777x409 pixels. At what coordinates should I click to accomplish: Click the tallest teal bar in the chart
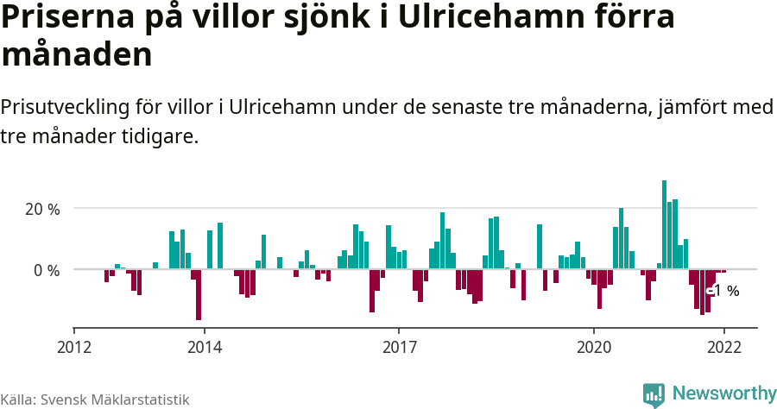click(x=664, y=224)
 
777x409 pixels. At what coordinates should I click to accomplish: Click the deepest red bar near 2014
click(x=199, y=295)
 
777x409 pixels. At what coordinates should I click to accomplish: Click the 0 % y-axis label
click(x=47, y=270)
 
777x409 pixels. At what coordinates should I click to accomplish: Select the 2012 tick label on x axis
click(x=74, y=347)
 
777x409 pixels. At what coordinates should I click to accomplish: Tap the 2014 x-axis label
click(x=204, y=347)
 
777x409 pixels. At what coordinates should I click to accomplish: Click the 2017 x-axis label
click(x=398, y=347)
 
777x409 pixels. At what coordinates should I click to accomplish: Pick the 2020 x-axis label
click(x=593, y=347)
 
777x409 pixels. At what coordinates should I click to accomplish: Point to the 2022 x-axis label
click(x=723, y=347)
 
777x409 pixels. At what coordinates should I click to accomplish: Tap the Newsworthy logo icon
click(x=654, y=394)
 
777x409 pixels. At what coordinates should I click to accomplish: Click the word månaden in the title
click(x=77, y=54)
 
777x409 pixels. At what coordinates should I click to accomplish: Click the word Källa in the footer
click(x=17, y=400)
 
